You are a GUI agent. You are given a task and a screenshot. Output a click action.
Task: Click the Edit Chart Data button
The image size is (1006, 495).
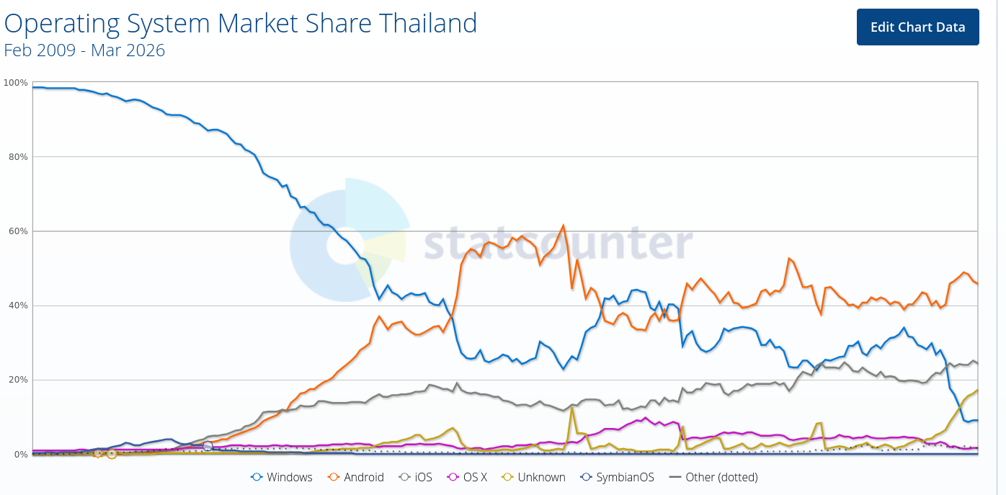917,27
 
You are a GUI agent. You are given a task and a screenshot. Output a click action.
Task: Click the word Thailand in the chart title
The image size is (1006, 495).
430,24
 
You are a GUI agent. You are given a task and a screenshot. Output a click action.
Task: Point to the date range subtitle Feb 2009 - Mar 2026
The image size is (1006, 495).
84,50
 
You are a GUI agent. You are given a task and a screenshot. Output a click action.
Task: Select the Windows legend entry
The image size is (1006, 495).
282,477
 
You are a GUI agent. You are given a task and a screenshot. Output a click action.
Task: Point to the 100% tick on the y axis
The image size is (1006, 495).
16,83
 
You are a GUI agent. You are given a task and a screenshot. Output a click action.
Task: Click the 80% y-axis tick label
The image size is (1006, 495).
18,157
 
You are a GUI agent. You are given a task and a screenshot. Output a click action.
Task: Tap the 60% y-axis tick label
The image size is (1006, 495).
18,231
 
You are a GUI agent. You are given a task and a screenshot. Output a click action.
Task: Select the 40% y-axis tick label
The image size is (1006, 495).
18,306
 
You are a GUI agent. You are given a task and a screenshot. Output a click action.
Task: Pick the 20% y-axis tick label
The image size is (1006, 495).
18,380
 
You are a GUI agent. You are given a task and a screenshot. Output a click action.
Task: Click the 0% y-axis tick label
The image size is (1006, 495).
20,455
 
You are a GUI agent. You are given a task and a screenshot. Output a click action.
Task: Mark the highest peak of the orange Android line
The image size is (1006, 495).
563,226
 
